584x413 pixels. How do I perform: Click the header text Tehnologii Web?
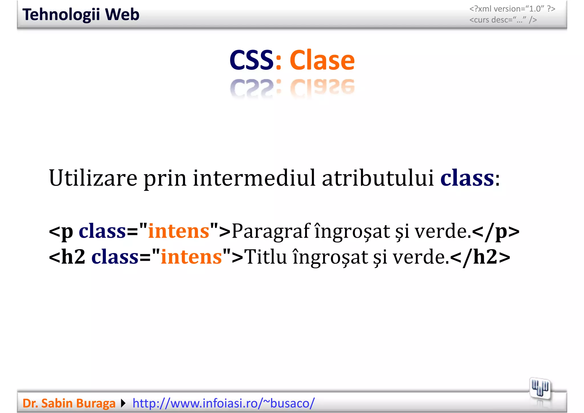coord(81,15)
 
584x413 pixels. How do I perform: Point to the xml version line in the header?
coord(512,9)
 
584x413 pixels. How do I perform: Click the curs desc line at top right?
coord(503,20)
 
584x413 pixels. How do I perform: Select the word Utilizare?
coord(93,178)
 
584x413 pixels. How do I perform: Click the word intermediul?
coord(254,178)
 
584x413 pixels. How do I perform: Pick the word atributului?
coord(378,178)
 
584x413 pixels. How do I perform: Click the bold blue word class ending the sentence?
coord(467,178)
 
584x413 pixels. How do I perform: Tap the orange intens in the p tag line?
coord(179,231)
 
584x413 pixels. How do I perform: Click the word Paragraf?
coord(271,231)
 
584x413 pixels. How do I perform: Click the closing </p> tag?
coord(496,231)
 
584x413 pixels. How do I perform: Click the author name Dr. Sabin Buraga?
coord(69,403)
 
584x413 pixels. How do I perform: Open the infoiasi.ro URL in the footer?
coord(224,403)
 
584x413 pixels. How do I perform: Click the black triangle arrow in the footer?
coord(123,403)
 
